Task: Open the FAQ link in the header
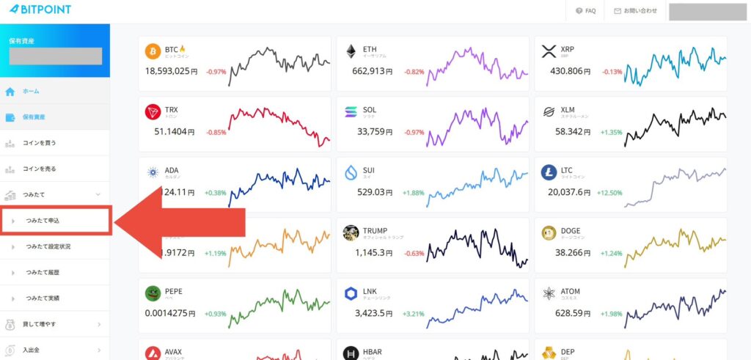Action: tap(585, 11)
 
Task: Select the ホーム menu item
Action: tap(31, 92)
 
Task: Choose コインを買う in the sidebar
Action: tap(39, 143)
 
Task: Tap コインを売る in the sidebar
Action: tap(39, 169)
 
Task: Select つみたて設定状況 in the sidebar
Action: tap(48, 246)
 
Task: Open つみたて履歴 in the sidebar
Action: tap(43, 272)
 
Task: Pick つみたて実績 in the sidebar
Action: tap(43, 298)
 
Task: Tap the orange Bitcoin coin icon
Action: tap(153, 51)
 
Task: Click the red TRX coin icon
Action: tap(153, 111)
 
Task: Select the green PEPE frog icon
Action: tap(153, 293)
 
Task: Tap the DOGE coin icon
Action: tap(549, 232)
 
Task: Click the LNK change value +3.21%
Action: tap(414, 314)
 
